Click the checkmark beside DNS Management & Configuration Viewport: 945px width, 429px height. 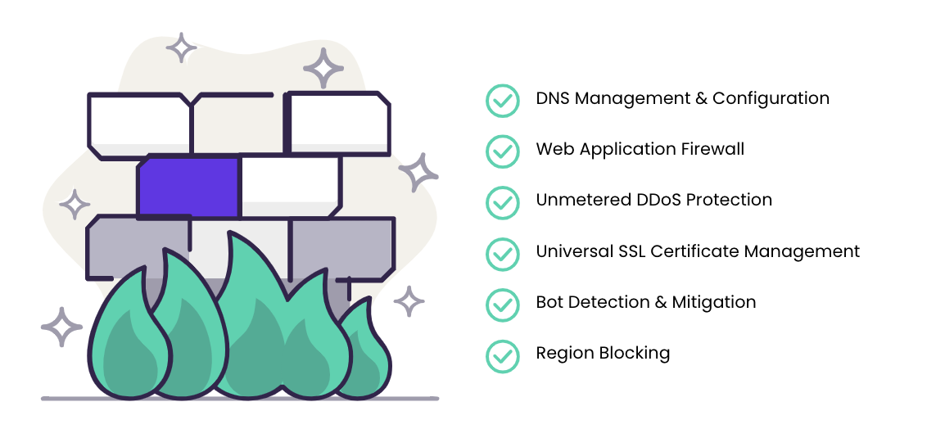coord(503,101)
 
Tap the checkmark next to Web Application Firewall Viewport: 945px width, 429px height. coord(503,151)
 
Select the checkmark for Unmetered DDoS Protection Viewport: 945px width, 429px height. coord(503,202)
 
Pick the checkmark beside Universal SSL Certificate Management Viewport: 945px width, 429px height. coord(503,254)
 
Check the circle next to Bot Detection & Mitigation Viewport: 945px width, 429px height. coord(503,305)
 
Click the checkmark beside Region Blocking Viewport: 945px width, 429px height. coord(503,356)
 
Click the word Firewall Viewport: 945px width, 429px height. coord(713,149)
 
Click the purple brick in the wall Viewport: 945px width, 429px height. coord(188,187)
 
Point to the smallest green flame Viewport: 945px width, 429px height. coord(364,350)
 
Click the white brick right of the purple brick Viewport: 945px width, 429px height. coord(291,187)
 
